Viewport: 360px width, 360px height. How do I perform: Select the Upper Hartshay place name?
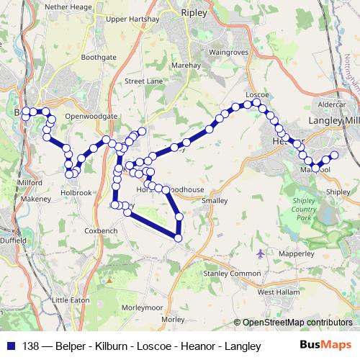(x=132, y=20)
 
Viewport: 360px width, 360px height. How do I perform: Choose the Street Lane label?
(x=143, y=81)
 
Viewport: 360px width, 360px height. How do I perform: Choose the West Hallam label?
(x=277, y=292)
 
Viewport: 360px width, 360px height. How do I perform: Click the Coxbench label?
(x=101, y=230)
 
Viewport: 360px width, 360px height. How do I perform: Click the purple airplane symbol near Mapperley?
(x=261, y=253)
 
